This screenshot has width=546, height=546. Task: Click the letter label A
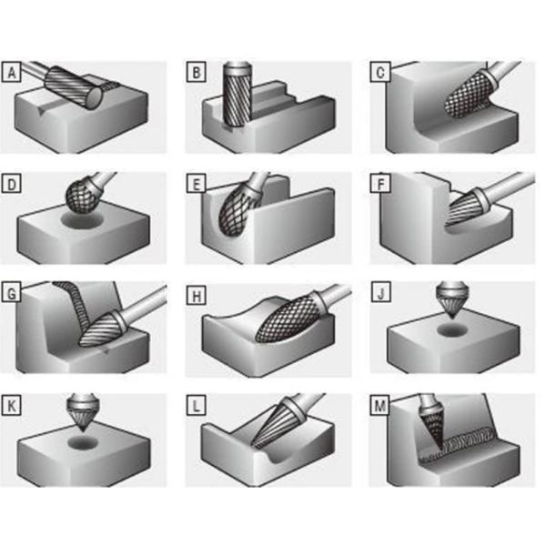click(12, 72)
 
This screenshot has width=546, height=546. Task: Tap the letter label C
click(379, 72)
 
